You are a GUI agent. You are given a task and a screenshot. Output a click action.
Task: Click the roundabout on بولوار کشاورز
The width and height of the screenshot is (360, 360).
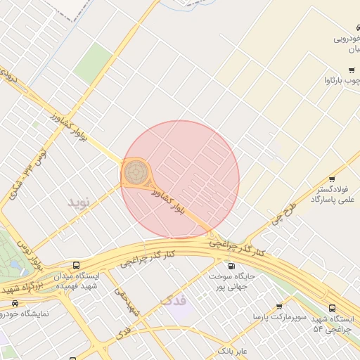point(136,172)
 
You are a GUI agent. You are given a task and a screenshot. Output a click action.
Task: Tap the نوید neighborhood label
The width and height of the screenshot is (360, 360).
point(79,202)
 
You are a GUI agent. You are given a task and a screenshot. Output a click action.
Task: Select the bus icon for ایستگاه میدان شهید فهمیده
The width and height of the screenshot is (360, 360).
point(76,266)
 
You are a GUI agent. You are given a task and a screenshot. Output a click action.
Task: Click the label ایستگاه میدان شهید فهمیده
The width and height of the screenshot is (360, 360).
point(76,281)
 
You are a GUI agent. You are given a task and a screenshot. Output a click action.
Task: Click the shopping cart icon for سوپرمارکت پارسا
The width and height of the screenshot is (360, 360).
point(280,307)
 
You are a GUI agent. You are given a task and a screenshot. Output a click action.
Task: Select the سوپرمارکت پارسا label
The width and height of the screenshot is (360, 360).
point(280,318)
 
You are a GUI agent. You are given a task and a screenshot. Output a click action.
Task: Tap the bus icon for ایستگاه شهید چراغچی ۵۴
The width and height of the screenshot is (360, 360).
point(333,307)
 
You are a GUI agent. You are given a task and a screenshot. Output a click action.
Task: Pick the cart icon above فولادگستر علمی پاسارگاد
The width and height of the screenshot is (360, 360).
point(332,179)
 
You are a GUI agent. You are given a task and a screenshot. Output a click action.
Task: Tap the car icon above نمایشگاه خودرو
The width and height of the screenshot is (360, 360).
point(15,303)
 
